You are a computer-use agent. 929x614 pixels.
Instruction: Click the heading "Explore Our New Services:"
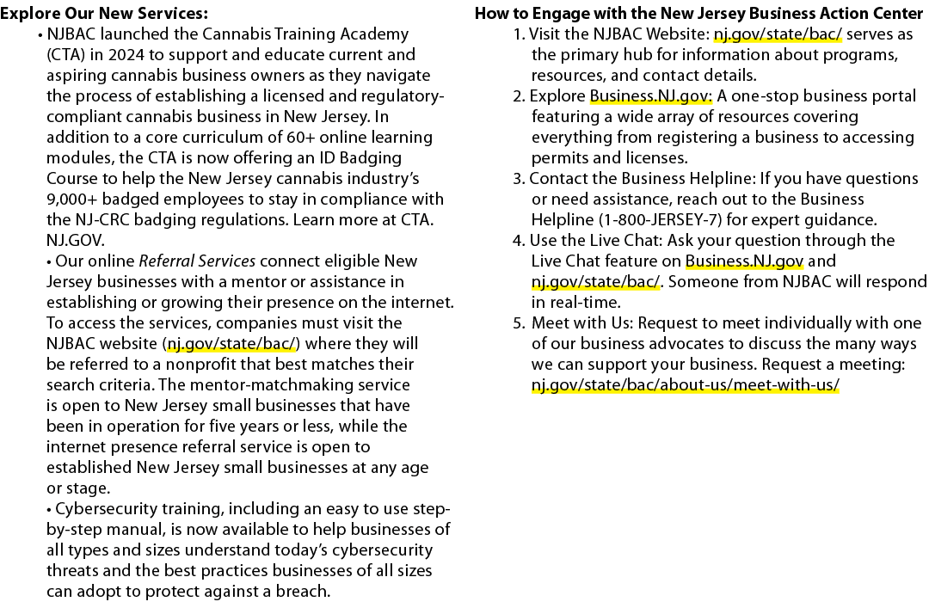[104, 13]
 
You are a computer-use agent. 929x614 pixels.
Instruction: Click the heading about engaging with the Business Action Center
[699, 13]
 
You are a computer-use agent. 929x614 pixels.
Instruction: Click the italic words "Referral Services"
[197, 261]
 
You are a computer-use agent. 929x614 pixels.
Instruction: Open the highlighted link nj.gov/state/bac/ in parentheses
[231, 344]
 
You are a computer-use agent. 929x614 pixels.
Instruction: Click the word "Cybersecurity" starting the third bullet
[106, 509]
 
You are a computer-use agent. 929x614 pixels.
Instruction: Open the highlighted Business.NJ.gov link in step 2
[650, 96]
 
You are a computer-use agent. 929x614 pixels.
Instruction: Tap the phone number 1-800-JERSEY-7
[660, 219]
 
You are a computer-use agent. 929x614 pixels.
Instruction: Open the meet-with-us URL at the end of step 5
[685, 385]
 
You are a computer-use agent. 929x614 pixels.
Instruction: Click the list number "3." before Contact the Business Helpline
[519, 179]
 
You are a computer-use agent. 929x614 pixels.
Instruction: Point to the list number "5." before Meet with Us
[519, 323]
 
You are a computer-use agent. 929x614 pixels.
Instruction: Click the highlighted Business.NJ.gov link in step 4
[744, 261]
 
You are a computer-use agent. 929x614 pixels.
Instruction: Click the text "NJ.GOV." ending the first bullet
[76, 241]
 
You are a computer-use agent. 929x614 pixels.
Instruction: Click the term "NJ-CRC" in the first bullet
[102, 219]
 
